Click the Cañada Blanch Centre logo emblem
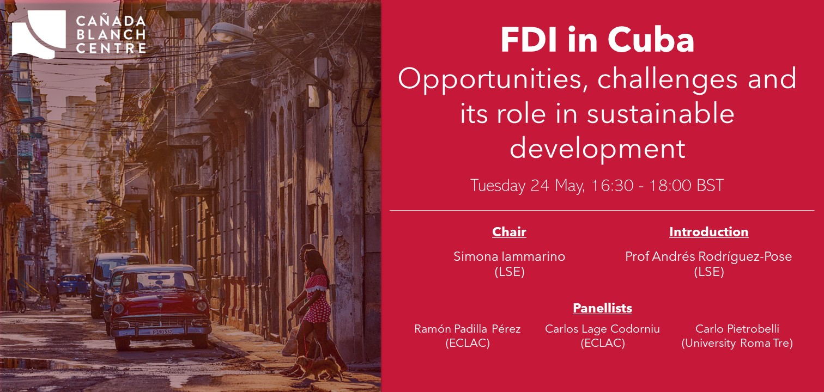pyautogui.click(x=39, y=34)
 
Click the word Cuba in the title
pyautogui.click(x=651, y=40)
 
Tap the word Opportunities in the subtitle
pyautogui.click(x=490, y=79)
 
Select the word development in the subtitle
pyautogui.click(x=597, y=149)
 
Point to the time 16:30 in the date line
pyautogui.click(x=612, y=186)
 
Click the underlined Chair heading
pyautogui.click(x=509, y=232)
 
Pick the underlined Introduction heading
pyautogui.click(x=709, y=232)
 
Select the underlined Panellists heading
pyautogui.click(x=603, y=308)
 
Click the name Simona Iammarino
pyautogui.click(x=510, y=256)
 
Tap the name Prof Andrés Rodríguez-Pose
pyautogui.click(x=708, y=256)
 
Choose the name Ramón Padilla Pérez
pyautogui.click(x=468, y=329)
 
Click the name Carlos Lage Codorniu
pyautogui.click(x=603, y=329)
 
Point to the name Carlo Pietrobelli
pyautogui.click(x=737, y=329)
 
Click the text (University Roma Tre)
pyautogui.click(x=737, y=343)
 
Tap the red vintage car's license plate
pyautogui.click(x=161, y=332)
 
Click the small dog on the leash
pyautogui.click(x=320, y=366)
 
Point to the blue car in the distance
pyautogui.click(x=72, y=284)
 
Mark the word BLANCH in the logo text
pyautogui.click(x=111, y=35)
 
